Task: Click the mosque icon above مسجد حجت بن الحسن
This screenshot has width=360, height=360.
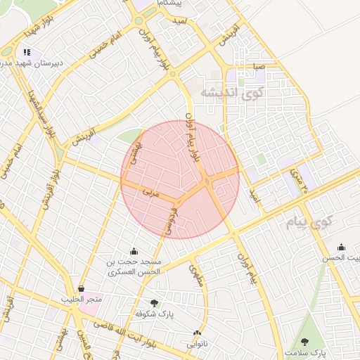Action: click(134, 251)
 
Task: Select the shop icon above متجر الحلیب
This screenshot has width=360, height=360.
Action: click(82, 288)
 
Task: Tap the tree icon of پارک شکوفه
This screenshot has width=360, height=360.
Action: click(154, 303)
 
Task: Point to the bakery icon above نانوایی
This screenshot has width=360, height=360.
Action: click(197, 333)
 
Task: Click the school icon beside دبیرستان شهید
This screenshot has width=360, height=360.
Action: click(27, 52)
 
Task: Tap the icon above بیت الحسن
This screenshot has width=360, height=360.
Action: click(341, 247)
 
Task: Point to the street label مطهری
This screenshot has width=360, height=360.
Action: click(196, 274)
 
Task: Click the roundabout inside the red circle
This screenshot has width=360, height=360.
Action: click(208, 183)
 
